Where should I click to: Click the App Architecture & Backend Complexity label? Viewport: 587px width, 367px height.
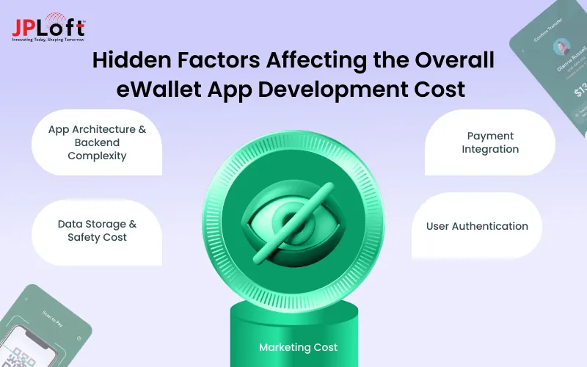tap(98, 142)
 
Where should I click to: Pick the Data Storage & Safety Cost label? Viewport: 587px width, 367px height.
tap(98, 230)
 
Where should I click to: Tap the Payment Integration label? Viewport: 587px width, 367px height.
tap(490, 142)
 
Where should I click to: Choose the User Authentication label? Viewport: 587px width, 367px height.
tap(477, 226)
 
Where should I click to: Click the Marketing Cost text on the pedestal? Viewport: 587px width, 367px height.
tap(298, 346)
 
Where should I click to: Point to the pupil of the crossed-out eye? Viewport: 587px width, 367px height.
tap(288, 218)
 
